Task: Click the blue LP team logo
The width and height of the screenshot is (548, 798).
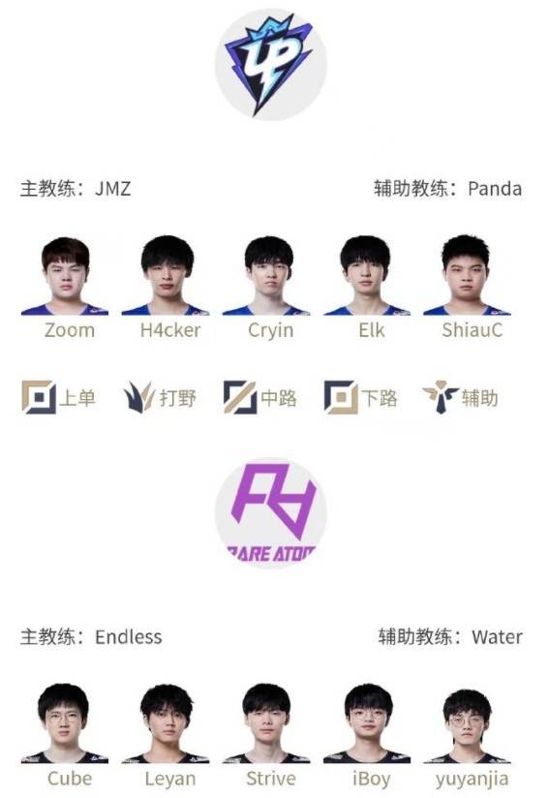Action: pos(270,65)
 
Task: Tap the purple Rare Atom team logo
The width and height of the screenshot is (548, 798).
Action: pos(271,511)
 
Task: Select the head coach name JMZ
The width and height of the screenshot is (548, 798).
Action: pos(113,189)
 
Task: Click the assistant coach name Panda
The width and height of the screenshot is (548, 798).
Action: pos(495,189)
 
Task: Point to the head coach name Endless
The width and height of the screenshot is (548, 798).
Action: pos(129,636)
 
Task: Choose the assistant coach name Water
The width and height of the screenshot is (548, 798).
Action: pos(497,636)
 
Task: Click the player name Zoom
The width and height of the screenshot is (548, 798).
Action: pos(70,330)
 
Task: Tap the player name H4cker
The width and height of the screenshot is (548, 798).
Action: pos(170,330)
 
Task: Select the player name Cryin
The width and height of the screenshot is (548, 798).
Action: pos(271,331)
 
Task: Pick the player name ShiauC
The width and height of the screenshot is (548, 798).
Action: pos(472,330)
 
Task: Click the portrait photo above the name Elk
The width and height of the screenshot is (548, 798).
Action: pos(366,275)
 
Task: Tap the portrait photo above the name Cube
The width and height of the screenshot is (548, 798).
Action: pos(64,723)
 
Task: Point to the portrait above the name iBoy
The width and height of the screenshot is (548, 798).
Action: pos(366,723)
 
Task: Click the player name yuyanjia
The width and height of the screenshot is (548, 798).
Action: pos(472,780)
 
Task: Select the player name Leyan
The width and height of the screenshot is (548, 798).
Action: pos(170,780)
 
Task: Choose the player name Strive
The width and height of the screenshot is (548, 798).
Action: pos(271,779)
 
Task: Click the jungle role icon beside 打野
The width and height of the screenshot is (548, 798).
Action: pos(138,397)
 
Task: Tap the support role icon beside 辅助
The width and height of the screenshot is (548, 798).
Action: pos(441,397)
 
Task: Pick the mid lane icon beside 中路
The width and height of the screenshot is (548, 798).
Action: pos(240,397)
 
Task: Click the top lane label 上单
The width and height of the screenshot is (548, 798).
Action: pos(77,398)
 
